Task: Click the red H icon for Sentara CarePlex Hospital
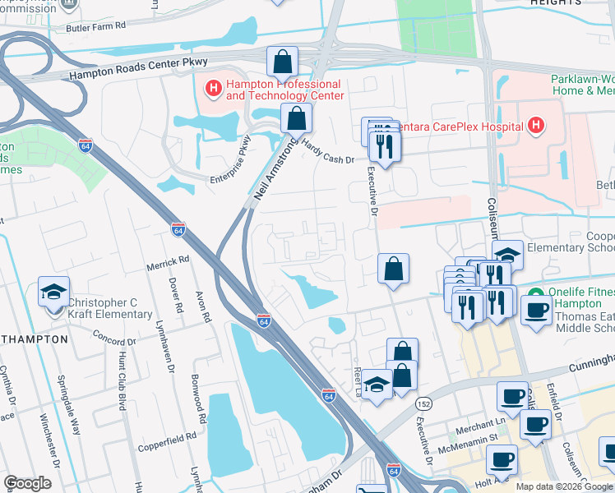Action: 536,126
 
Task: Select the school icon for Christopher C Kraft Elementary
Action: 55,292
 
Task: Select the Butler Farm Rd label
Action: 98,26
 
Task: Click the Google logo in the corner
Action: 28,483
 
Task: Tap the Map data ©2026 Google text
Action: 563,486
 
